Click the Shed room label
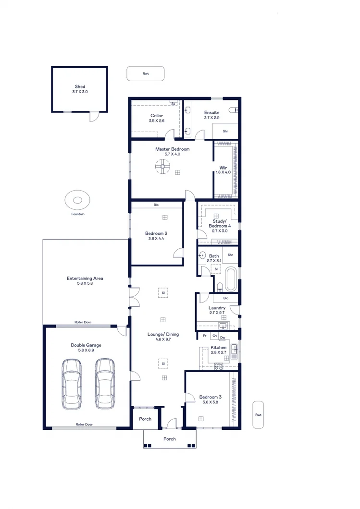coord(80,87)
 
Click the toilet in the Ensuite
coord(234,110)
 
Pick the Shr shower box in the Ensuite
coord(225,131)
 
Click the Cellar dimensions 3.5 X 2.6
coord(156,121)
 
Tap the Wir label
coord(223,168)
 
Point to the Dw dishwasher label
coord(223,337)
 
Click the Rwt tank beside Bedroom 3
coord(258,414)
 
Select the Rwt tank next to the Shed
coord(146,73)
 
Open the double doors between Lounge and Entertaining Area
coord(135,298)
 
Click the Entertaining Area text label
coord(85,279)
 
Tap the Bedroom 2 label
coord(156,233)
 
